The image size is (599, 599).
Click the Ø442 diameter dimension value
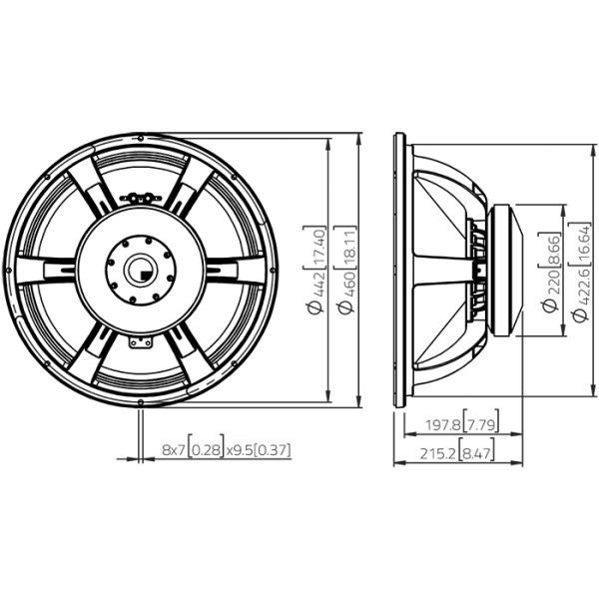point(316,292)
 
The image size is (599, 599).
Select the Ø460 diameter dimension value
point(346,292)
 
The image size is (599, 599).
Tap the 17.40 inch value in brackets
point(317,247)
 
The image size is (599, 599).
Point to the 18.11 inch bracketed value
point(347,247)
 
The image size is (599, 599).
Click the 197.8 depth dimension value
point(442,425)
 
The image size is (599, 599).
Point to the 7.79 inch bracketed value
point(481,425)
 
